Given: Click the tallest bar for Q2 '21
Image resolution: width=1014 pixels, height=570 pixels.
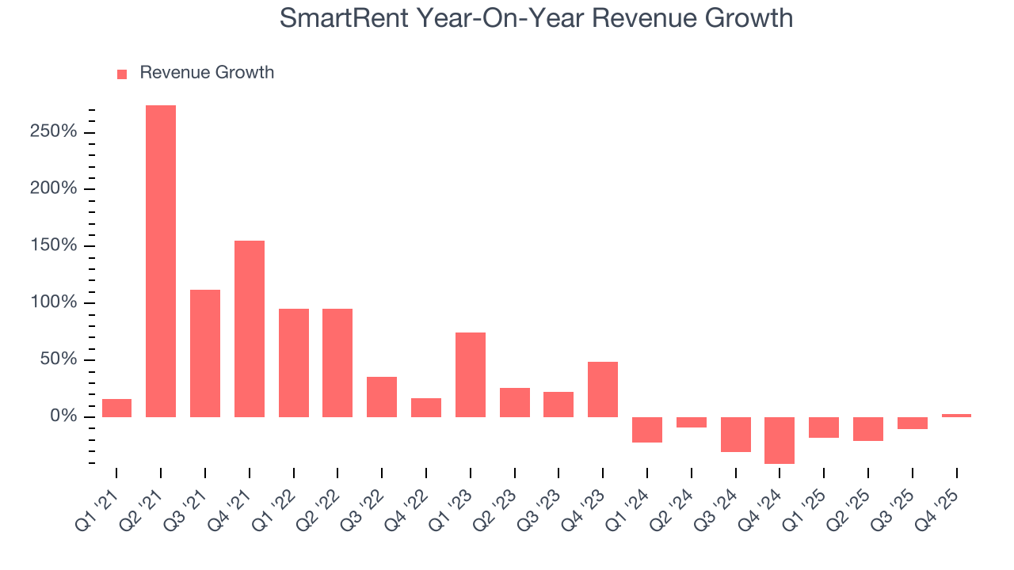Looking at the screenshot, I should point(161,261).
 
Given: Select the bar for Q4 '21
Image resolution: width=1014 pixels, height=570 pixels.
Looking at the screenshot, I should point(250,329).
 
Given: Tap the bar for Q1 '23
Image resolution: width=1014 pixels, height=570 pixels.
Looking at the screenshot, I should point(471,374).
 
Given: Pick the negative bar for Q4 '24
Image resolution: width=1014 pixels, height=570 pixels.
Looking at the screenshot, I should point(780,440).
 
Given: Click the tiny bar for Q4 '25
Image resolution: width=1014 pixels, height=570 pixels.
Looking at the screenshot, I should point(956,415).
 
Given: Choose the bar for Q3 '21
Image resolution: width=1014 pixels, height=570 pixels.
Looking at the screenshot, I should point(205,353).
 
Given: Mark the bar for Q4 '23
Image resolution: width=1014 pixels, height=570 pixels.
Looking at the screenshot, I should point(603,389).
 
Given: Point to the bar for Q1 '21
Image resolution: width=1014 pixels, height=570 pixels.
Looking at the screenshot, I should point(116,408).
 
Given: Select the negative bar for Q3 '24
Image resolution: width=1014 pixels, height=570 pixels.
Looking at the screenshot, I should point(735,435).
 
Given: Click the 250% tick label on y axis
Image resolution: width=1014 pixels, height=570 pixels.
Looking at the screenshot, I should point(54,131).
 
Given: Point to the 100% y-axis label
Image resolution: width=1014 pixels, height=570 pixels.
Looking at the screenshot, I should point(54,302).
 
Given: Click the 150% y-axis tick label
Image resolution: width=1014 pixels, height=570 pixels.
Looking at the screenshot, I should point(54,245).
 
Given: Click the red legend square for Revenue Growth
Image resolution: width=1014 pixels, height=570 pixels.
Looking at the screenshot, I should point(122,74).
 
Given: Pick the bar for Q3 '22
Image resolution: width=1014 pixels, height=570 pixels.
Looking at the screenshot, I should point(382,397).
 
